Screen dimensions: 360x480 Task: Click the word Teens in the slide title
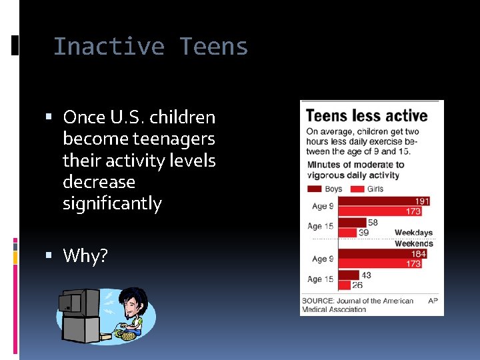coord(213,47)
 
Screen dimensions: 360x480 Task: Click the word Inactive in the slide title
coord(109,47)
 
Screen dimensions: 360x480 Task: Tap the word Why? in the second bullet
coord(85,255)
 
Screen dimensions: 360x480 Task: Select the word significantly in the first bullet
coord(112,203)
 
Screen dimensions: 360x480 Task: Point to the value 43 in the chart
coord(367,275)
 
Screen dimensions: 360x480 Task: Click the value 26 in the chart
coord(358,285)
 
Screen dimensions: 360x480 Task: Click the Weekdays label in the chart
coord(413,233)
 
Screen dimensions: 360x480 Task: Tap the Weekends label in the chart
coord(413,243)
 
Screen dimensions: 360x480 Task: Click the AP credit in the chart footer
coord(432,301)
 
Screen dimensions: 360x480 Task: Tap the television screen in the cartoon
coord(70,303)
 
